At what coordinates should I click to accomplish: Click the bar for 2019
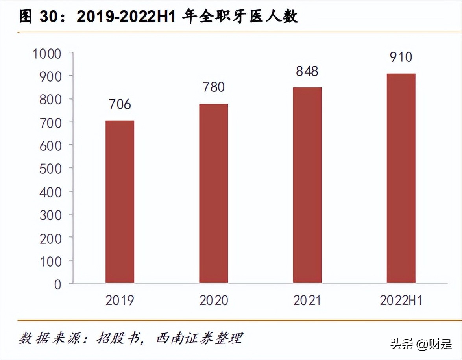pyautogui.click(x=120, y=202)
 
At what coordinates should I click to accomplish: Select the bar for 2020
pyautogui.click(x=213, y=193)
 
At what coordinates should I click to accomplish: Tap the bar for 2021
pyautogui.click(x=307, y=185)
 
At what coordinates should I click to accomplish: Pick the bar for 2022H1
pyautogui.click(x=401, y=178)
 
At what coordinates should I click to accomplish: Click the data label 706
pyautogui.click(x=120, y=104)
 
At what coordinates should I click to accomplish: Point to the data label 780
pyautogui.click(x=213, y=87)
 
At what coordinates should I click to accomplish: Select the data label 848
pyautogui.click(x=307, y=71)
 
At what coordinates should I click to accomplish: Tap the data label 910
pyautogui.click(x=401, y=57)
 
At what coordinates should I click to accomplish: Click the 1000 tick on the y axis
pyautogui.click(x=47, y=54)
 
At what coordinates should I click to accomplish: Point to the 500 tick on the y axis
pyautogui.click(x=51, y=169)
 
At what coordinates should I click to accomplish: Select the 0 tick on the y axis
pyautogui.click(x=58, y=284)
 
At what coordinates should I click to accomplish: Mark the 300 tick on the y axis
pyautogui.click(x=51, y=215)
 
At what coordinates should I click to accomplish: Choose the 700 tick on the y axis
pyautogui.click(x=51, y=123)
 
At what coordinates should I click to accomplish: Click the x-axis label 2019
pyautogui.click(x=120, y=301)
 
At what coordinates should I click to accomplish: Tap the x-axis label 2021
pyautogui.click(x=307, y=301)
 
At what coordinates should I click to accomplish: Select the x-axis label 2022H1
pyautogui.click(x=401, y=301)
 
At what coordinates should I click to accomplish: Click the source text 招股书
pyautogui.click(x=120, y=338)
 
